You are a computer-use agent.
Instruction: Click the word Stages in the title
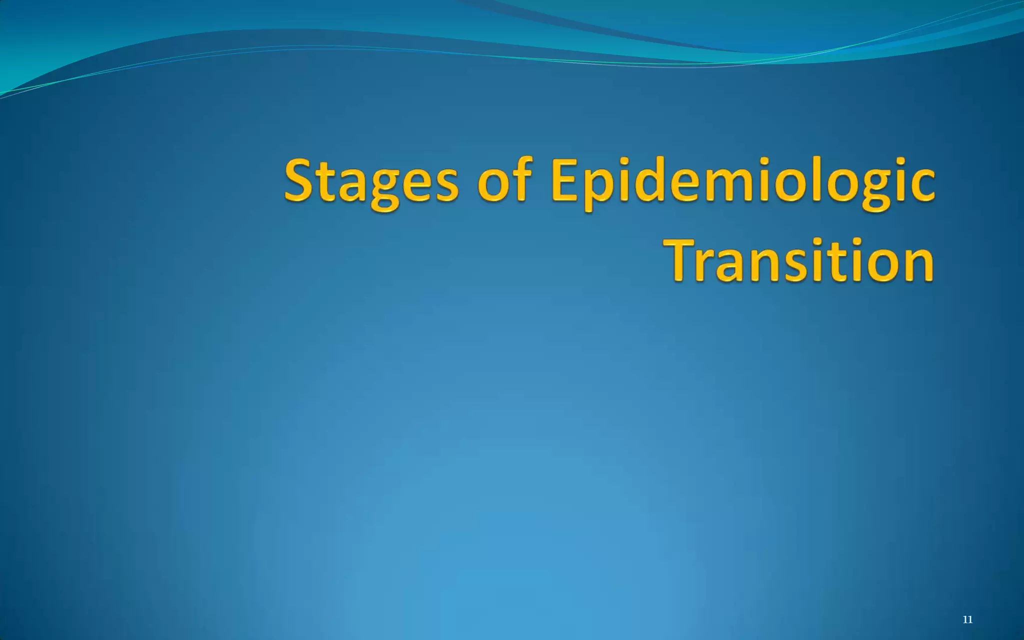(x=370, y=182)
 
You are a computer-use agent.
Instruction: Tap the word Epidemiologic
(x=742, y=182)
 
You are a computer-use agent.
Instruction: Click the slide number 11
(x=967, y=620)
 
